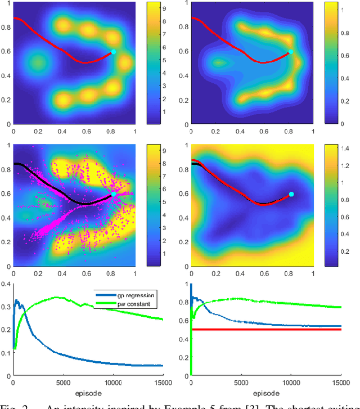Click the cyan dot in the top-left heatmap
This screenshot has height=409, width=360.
113,51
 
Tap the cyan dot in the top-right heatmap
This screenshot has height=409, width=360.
291,51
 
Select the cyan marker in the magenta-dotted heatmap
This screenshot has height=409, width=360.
113,194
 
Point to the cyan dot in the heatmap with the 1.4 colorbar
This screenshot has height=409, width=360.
291,194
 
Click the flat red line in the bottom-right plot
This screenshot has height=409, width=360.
264,330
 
